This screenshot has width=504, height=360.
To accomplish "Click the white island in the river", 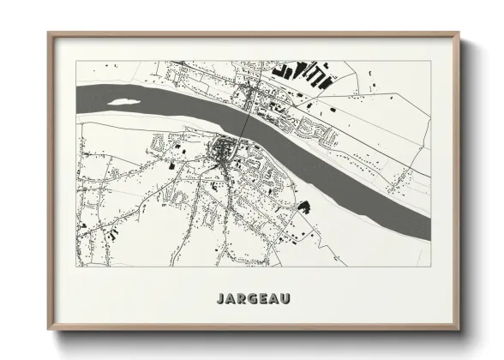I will point(125,100).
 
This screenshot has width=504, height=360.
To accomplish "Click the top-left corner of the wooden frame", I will point(48,33).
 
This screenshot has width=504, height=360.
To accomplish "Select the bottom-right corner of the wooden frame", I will point(459,330).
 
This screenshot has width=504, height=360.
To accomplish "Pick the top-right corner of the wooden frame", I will point(459,33).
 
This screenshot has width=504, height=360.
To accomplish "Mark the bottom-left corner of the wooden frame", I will point(48,330).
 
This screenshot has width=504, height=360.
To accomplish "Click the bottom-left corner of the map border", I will point(76,266).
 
